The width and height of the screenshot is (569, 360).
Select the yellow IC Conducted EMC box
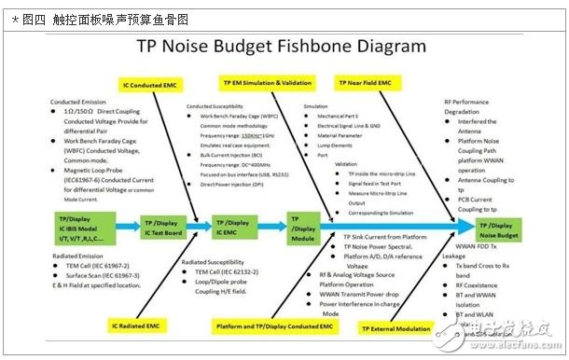tap(151, 84)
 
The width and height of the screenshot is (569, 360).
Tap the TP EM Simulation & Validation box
tap(264, 82)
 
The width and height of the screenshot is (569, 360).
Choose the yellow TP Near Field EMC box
tap(375, 82)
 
